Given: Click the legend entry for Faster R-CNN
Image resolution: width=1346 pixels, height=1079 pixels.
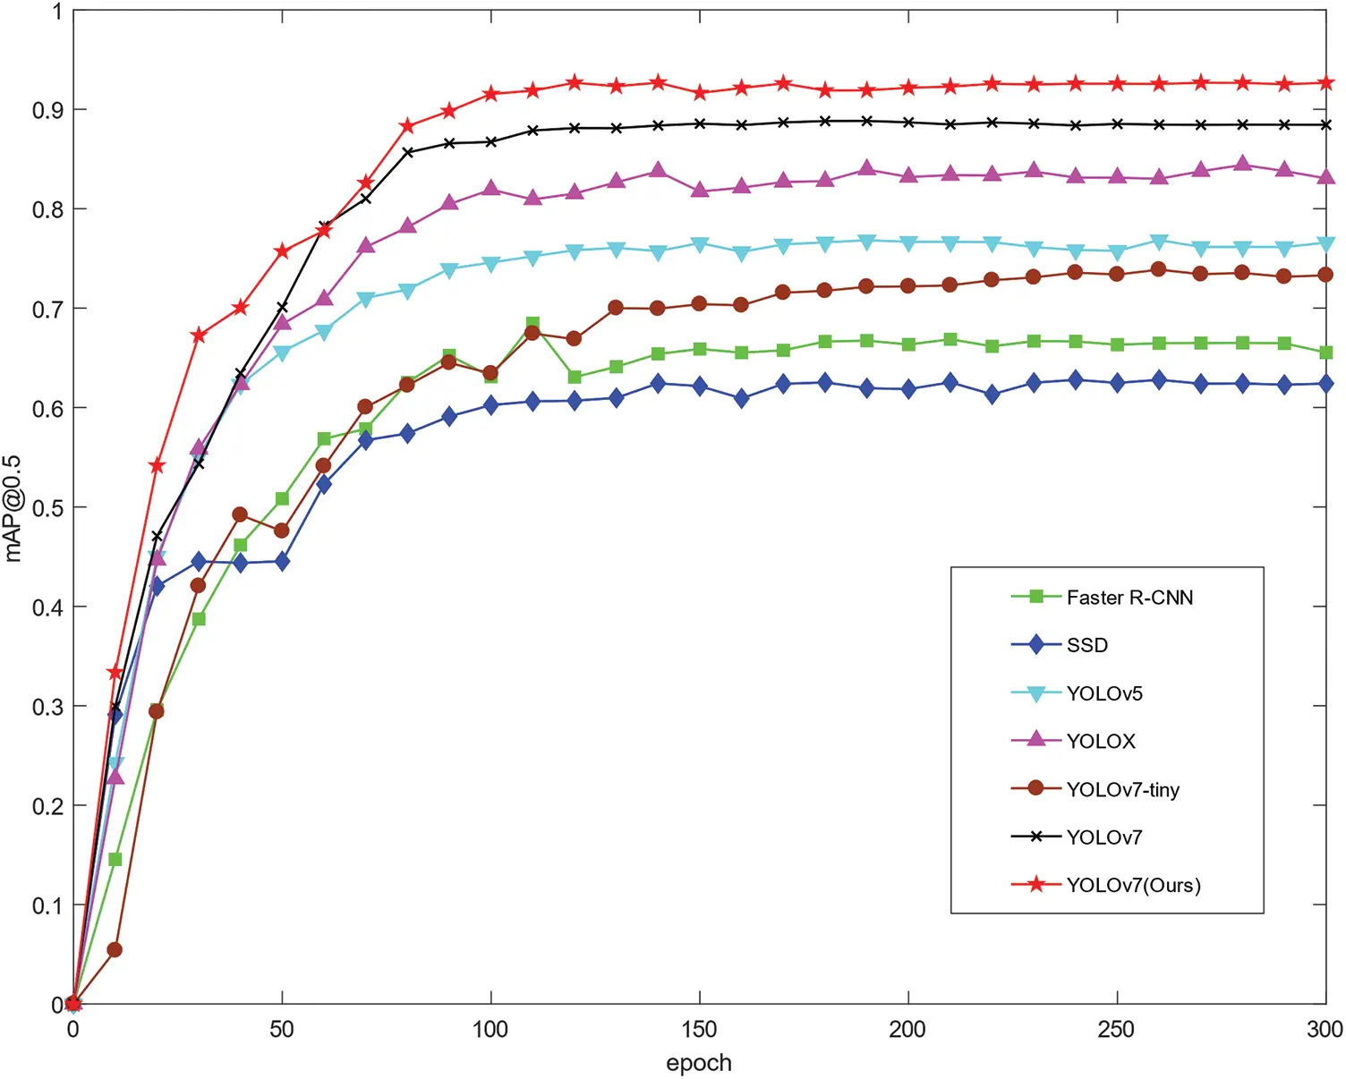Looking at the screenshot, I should point(1129,598).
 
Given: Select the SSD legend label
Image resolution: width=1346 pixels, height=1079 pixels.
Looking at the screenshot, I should point(1086,645).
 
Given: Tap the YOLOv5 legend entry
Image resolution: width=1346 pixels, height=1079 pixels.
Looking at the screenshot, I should point(1104,693).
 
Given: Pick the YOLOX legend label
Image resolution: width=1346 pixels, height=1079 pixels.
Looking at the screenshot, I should point(1101,742).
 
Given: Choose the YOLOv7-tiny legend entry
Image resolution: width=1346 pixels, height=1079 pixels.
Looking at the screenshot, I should point(1122,790).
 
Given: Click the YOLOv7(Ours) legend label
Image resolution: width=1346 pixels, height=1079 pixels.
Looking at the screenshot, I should point(1133,886).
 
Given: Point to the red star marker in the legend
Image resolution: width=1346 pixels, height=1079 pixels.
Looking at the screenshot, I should point(1036,885).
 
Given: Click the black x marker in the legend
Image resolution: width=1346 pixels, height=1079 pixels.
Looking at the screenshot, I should point(1036,837).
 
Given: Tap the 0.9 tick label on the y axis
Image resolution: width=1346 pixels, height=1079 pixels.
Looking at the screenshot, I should point(47,110).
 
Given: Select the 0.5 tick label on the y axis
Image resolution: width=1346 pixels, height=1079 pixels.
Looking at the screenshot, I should point(47,508).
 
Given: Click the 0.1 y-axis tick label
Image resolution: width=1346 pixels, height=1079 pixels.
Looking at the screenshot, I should point(47,905).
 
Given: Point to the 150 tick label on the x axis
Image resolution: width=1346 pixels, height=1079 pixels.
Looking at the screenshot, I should point(699,1030).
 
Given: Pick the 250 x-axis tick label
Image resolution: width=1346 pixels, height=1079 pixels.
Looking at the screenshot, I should point(1117,1030).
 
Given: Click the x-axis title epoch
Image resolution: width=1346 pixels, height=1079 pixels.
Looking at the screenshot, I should point(699,1063).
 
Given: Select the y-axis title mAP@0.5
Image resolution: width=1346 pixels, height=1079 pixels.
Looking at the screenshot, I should point(13,508).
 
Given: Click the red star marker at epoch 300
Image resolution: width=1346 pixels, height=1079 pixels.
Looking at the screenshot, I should point(1326,83).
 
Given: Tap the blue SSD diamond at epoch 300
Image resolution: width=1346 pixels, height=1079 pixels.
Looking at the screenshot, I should point(1326,384).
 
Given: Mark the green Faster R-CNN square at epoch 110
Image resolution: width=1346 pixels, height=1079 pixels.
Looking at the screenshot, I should point(532,324).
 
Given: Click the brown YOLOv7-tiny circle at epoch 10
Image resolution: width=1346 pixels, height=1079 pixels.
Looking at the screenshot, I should point(115,949).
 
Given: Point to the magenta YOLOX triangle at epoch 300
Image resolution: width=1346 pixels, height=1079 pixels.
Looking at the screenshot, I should point(1326,176).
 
